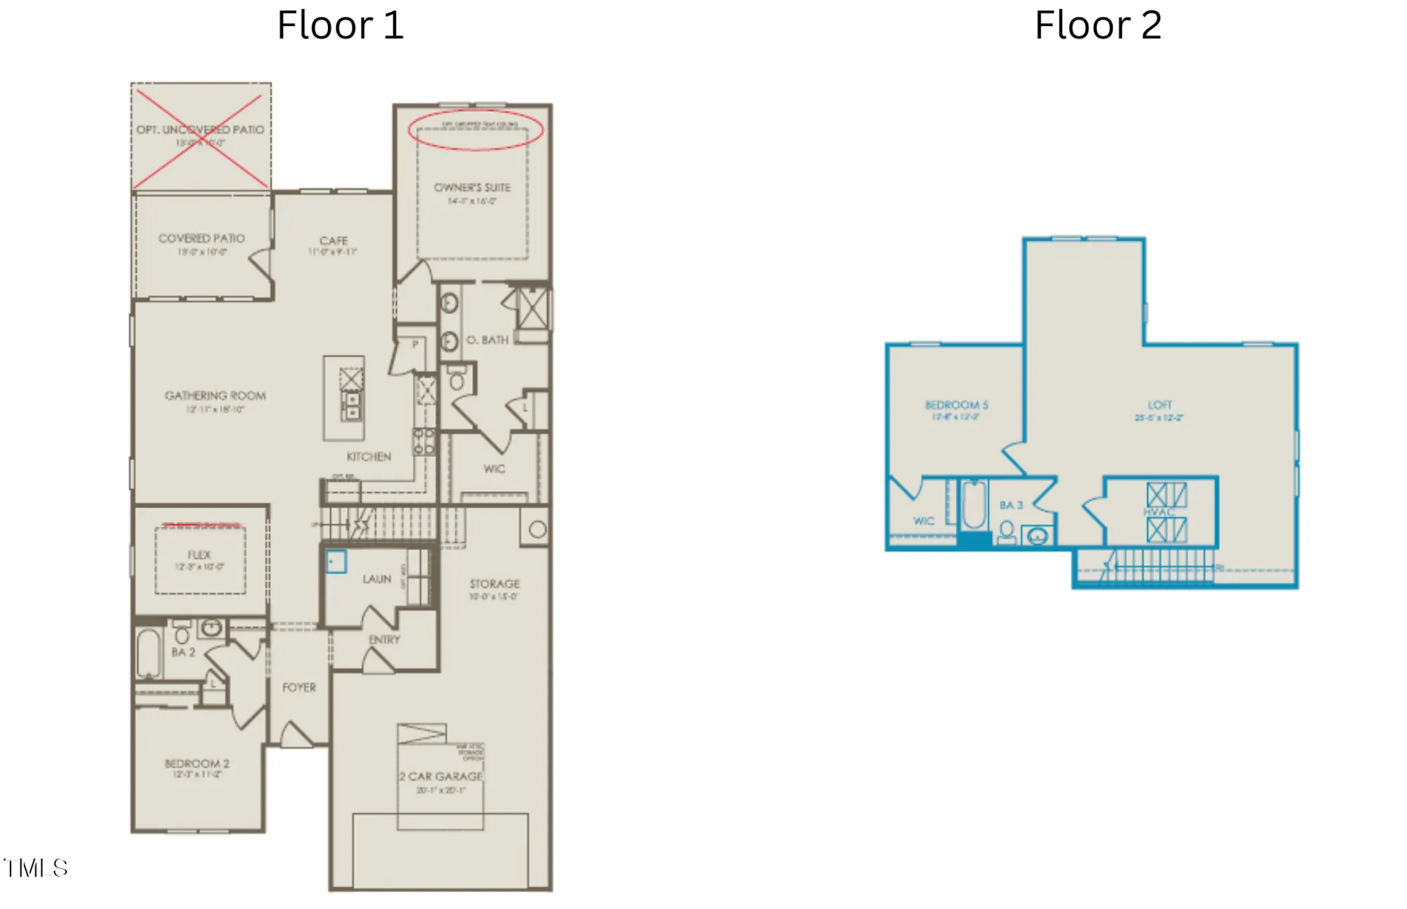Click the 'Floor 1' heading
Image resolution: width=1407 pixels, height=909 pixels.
click(x=340, y=25)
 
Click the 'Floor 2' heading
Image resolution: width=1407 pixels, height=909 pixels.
click(x=1097, y=25)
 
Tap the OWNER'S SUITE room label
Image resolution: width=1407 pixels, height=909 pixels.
click(x=472, y=188)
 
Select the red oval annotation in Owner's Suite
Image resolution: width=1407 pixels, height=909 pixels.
click(x=476, y=130)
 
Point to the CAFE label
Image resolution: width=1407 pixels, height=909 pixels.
click(x=333, y=241)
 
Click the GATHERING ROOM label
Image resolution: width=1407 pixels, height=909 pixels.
click(x=215, y=395)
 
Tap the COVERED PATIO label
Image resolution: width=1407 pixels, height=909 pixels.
click(x=202, y=239)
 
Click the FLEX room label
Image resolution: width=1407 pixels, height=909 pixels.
click(x=199, y=554)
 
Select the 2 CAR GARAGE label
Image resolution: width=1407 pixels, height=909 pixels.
click(x=441, y=776)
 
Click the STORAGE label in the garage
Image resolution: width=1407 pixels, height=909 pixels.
click(x=495, y=584)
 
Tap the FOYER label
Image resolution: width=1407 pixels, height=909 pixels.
click(x=299, y=687)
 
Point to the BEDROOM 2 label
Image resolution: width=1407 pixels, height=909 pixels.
click(x=197, y=763)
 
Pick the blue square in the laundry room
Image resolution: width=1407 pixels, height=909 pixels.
click(x=336, y=561)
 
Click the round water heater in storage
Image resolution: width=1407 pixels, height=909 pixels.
click(x=537, y=530)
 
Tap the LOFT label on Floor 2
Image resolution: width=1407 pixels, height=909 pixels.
click(x=1159, y=405)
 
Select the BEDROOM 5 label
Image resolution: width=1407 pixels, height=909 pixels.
click(x=956, y=405)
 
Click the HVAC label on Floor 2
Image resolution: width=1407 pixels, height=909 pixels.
click(x=1159, y=511)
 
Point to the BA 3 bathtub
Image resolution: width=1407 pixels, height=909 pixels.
click(x=974, y=504)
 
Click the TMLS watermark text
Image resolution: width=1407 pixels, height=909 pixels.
click(x=35, y=868)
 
